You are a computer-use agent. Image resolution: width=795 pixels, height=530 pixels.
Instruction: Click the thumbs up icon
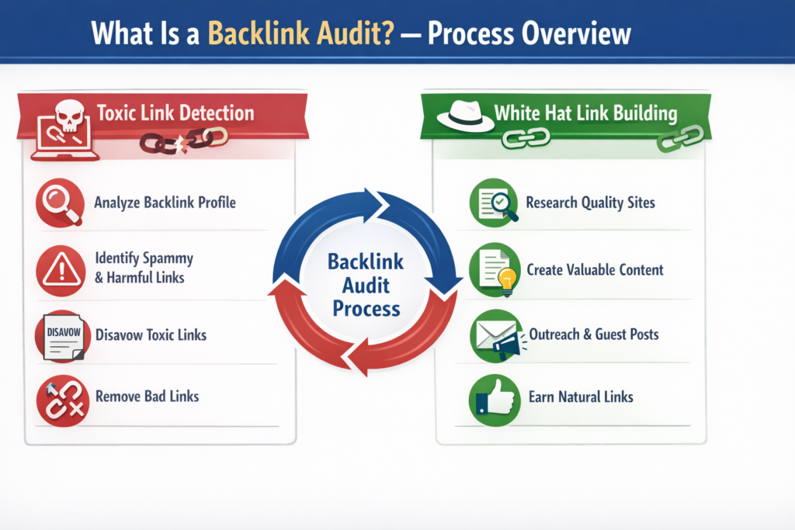tap(494, 398)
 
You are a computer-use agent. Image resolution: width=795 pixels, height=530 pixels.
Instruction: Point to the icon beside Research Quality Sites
tap(495, 203)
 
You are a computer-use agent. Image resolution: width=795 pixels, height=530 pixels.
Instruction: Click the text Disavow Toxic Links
tap(151, 336)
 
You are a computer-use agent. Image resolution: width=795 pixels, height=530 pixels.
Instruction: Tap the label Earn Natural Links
tap(580, 397)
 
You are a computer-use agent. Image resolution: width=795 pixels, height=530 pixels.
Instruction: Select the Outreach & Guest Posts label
tap(594, 335)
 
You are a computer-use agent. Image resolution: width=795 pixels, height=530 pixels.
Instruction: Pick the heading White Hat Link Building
tap(585, 113)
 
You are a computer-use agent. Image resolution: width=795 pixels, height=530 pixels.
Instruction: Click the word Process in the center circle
tap(366, 308)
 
